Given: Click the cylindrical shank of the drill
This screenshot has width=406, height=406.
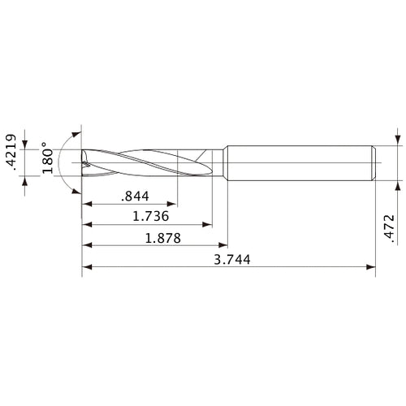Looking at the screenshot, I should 300,162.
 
